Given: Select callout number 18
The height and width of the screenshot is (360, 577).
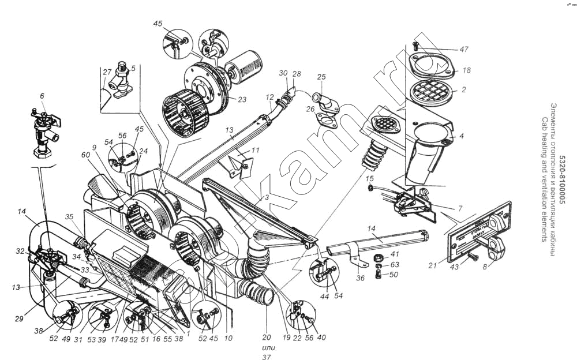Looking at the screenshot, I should tap(467, 70).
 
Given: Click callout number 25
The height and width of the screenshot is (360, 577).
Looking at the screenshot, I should tap(321, 77).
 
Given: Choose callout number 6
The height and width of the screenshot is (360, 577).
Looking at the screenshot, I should tap(42, 96).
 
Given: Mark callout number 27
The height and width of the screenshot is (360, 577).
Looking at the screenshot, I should tap(107, 72).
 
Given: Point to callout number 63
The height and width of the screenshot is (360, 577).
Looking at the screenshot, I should tap(394, 265).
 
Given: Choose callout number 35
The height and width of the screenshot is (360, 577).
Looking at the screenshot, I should tap(70, 217).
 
